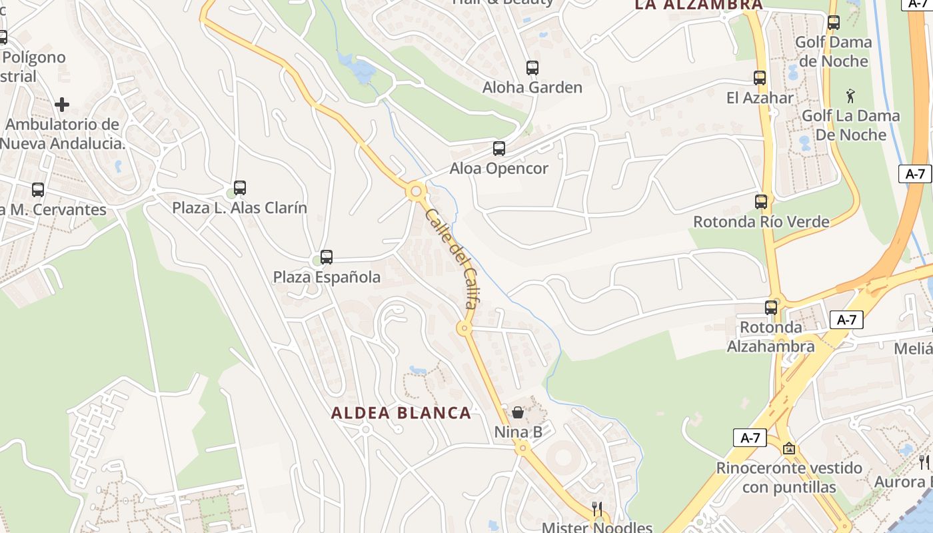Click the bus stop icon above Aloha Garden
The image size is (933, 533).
pos(532,68)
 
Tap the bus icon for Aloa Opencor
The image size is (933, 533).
pos(498,149)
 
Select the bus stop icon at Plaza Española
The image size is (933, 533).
pos(326,257)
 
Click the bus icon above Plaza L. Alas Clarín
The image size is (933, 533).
pos(240,188)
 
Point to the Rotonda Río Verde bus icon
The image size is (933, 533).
pos(761,202)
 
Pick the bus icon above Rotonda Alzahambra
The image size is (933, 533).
pos(771,308)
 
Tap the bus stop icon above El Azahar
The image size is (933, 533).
pos(760,78)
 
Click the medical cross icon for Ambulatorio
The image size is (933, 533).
pos(62,105)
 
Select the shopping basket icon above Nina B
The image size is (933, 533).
pos(518,412)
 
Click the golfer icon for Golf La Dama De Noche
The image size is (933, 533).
pos(850,96)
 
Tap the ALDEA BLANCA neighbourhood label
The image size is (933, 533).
pos(401,413)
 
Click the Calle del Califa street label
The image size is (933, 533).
pos(451,259)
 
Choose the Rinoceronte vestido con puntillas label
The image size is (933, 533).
pos(789,478)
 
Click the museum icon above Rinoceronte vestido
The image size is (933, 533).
pos(789,448)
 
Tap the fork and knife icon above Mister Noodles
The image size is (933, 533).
pos(597,508)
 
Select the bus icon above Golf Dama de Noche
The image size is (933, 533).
pos(833,23)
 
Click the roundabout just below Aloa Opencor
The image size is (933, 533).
pos(417,192)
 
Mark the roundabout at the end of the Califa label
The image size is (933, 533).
pos(464,328)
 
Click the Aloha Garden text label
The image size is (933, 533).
pos(532,87)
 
